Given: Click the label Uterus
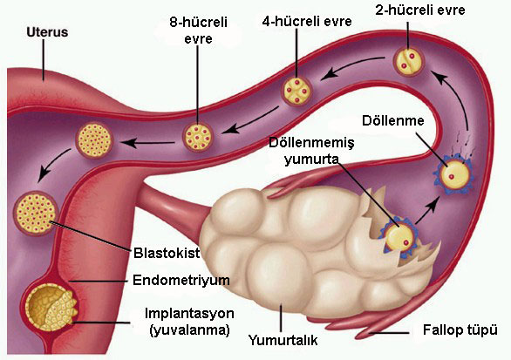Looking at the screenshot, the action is click(x=47, y=32).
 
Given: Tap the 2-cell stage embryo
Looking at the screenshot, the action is click(x=408, y=61).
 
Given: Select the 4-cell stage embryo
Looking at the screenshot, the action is click(x=296, y=91).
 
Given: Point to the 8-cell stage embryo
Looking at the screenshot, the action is click(x=198, y=137).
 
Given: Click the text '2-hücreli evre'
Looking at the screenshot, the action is click(x=420, y=10).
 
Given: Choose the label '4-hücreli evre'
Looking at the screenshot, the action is click(x=307, y=22).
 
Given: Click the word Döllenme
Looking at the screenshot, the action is click(x=393, y=120).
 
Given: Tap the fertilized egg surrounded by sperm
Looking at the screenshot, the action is click(x=453, y=175).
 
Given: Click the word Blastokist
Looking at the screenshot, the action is click(x=167, y=253).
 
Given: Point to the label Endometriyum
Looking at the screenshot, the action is click(x=181, y=280).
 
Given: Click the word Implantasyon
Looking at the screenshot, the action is click(x=189, y=314).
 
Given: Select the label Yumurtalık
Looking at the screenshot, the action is click(x=283, y=340).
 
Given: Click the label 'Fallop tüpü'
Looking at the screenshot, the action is click(x=460, y=330).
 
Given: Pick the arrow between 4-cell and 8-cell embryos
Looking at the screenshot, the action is click(x=249, y=120).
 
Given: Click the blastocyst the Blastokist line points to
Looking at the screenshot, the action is click(x=36, y=213).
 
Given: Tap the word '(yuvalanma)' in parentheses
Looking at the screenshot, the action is click(x=190, y=330).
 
